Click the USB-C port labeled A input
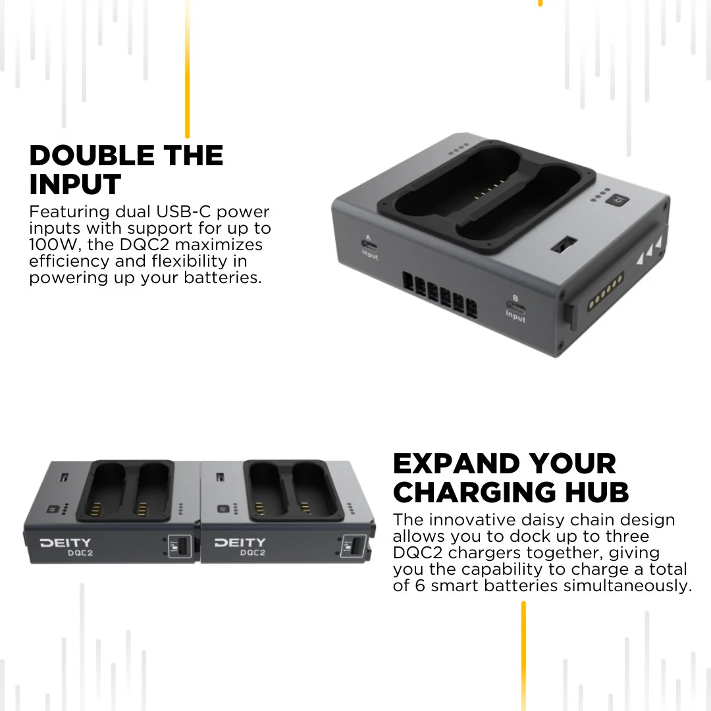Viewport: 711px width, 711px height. (369, 246)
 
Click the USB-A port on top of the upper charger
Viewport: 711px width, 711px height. (564, 244)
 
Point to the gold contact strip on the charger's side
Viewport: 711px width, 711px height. (606, 291)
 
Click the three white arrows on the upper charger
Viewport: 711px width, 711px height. (649, 250)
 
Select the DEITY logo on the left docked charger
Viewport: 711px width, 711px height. (65, 542)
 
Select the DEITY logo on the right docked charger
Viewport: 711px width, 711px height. (240, 542)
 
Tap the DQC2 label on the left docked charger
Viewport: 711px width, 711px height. (80, 553)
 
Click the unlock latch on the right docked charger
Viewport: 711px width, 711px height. (353, 546)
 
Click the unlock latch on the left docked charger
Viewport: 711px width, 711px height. (180, 546)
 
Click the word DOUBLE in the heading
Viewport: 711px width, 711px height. (92, 155)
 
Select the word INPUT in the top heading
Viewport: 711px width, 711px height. (75, 184)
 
